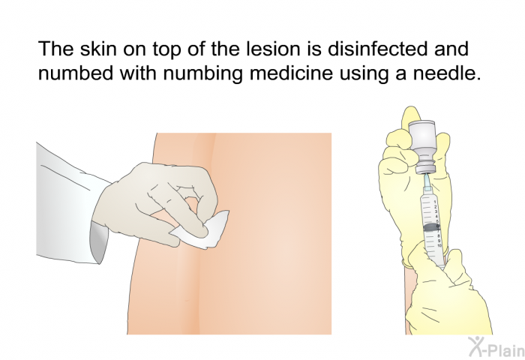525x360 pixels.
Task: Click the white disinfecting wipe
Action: tap(200, 229)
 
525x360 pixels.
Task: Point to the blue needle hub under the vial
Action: tap(427, 181)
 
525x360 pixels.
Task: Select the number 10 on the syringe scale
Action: tap(439, 246)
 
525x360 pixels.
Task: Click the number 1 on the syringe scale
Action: tap(435, 202)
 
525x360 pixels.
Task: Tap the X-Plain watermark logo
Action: tap(496, 347)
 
